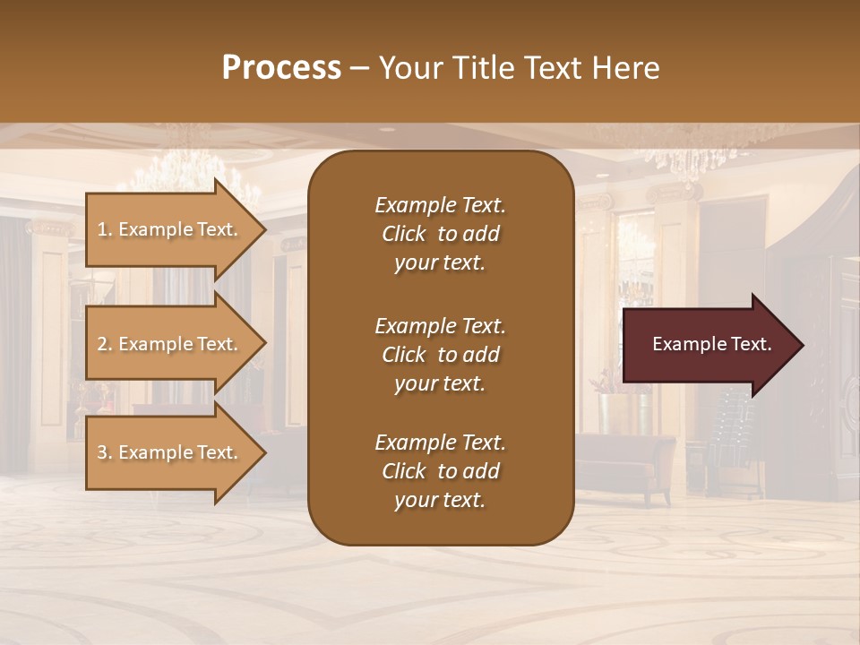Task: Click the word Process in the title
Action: (281, 68)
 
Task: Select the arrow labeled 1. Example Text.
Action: (170, 229)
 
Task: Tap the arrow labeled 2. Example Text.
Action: (170, 344)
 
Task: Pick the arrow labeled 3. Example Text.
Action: (170, 452)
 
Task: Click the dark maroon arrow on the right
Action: (708, 344)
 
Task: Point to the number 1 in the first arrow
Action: (102, 229)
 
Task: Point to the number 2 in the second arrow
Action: (102, 344)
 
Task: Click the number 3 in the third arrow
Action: (102, 452)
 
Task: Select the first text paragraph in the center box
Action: (440, 234)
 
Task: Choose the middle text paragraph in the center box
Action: (440, 355)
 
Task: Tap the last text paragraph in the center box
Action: (440, 471)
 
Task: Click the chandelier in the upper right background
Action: (708, 152)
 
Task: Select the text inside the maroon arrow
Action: (711, 344)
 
